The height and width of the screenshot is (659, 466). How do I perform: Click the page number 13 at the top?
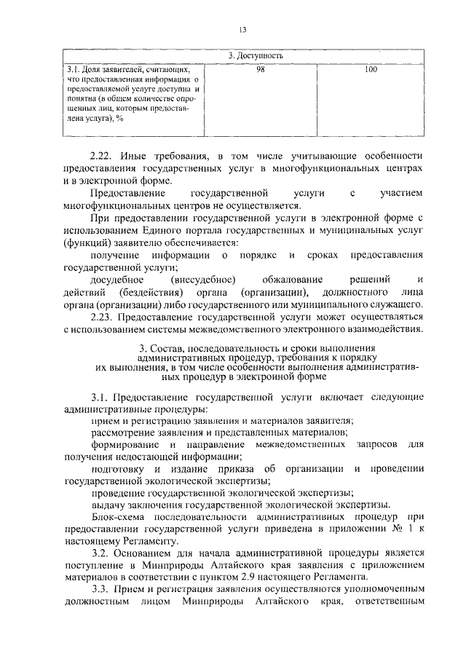[x=243, y=29]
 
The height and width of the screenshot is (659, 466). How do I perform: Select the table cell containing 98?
[x=261, y=70]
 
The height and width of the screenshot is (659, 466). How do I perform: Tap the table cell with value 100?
[x=371, y=70]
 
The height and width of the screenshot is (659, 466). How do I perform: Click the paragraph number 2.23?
[x=103, y=317]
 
